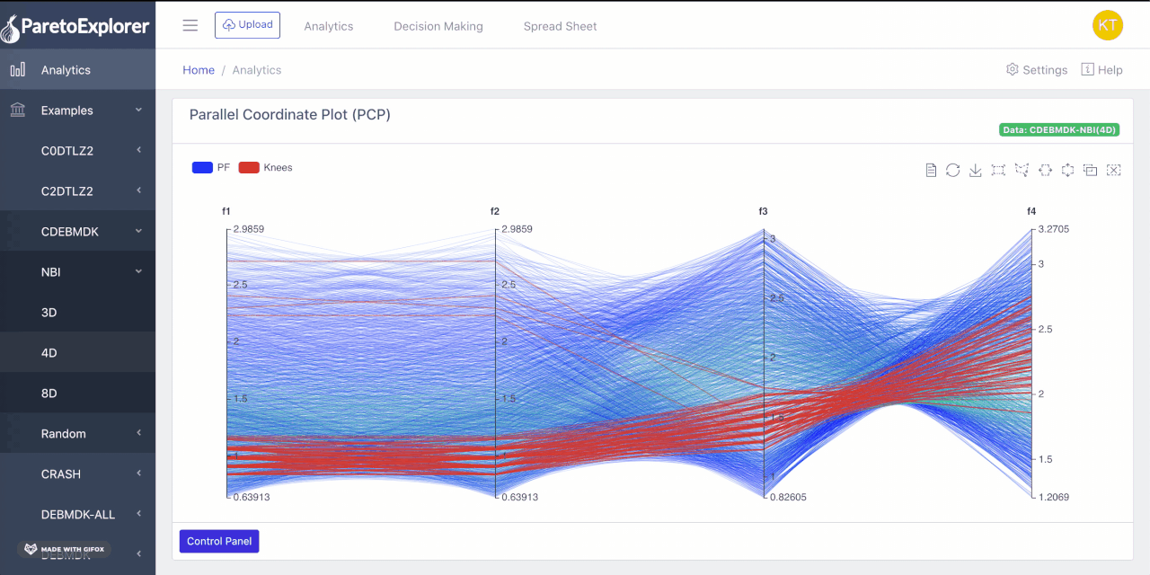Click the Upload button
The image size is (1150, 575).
(x=247, y=25)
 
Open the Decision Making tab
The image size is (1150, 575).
(x=438, y=26)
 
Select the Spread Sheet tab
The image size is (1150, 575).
(x=560, y=26)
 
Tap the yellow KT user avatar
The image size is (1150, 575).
(x=1107, y=25)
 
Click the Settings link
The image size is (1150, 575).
(x=1037, y=70)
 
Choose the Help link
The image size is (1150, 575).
(x=1101, y=70)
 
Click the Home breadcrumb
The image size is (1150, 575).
(x=199, y=70)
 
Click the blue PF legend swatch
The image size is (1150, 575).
(x=202, y=167)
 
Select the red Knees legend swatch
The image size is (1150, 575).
(x=249, y=167)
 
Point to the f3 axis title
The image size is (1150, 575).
(x=763, y=211)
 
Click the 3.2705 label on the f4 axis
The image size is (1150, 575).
(x=1054, y=229)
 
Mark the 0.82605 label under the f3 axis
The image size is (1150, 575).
(x=788, y=497)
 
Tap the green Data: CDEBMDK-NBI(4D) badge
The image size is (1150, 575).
(x=1059, y=130)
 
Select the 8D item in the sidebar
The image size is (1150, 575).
(x=49, y=394)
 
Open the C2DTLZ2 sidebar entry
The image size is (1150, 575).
(x=67, y=191)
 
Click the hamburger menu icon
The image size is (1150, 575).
(x=190, y=25)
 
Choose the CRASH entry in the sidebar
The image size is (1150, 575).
(x=61, y=474)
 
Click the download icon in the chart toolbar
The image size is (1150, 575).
(x=976, y=170)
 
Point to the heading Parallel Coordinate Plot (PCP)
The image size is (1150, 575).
(x=290, y=115)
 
